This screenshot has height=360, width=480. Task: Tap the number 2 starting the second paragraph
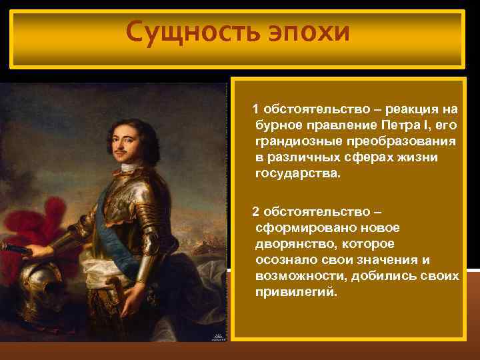[255, 211]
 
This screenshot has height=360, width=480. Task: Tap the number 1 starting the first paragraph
[255, 109]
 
